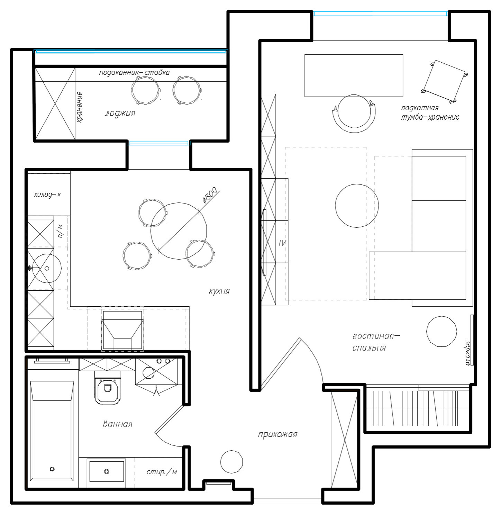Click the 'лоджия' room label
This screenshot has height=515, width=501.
pos(120,113)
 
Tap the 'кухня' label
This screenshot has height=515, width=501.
pos(219,291)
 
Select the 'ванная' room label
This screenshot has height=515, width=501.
pos(117,424)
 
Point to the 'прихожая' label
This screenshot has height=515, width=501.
pos(278,434)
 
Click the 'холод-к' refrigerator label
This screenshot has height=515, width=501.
pos(48,195)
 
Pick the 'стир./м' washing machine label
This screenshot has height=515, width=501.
pos(162,472)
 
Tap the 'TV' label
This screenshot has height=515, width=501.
pos(282,243)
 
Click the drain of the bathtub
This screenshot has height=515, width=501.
pos(52,469)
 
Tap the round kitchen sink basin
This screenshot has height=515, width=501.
pos(47,268)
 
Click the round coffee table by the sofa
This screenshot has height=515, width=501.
pos(357,206)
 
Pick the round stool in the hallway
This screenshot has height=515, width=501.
pos(231,462)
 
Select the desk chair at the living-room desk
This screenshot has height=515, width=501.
pos(354,114)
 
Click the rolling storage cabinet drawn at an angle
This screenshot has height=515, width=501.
pos(444,82)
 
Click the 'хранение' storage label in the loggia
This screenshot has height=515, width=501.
pos(80,107)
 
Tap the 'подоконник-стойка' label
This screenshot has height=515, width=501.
pos(134,73)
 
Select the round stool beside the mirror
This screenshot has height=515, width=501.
pos(441,331)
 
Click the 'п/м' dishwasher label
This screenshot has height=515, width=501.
pos(61,231)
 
